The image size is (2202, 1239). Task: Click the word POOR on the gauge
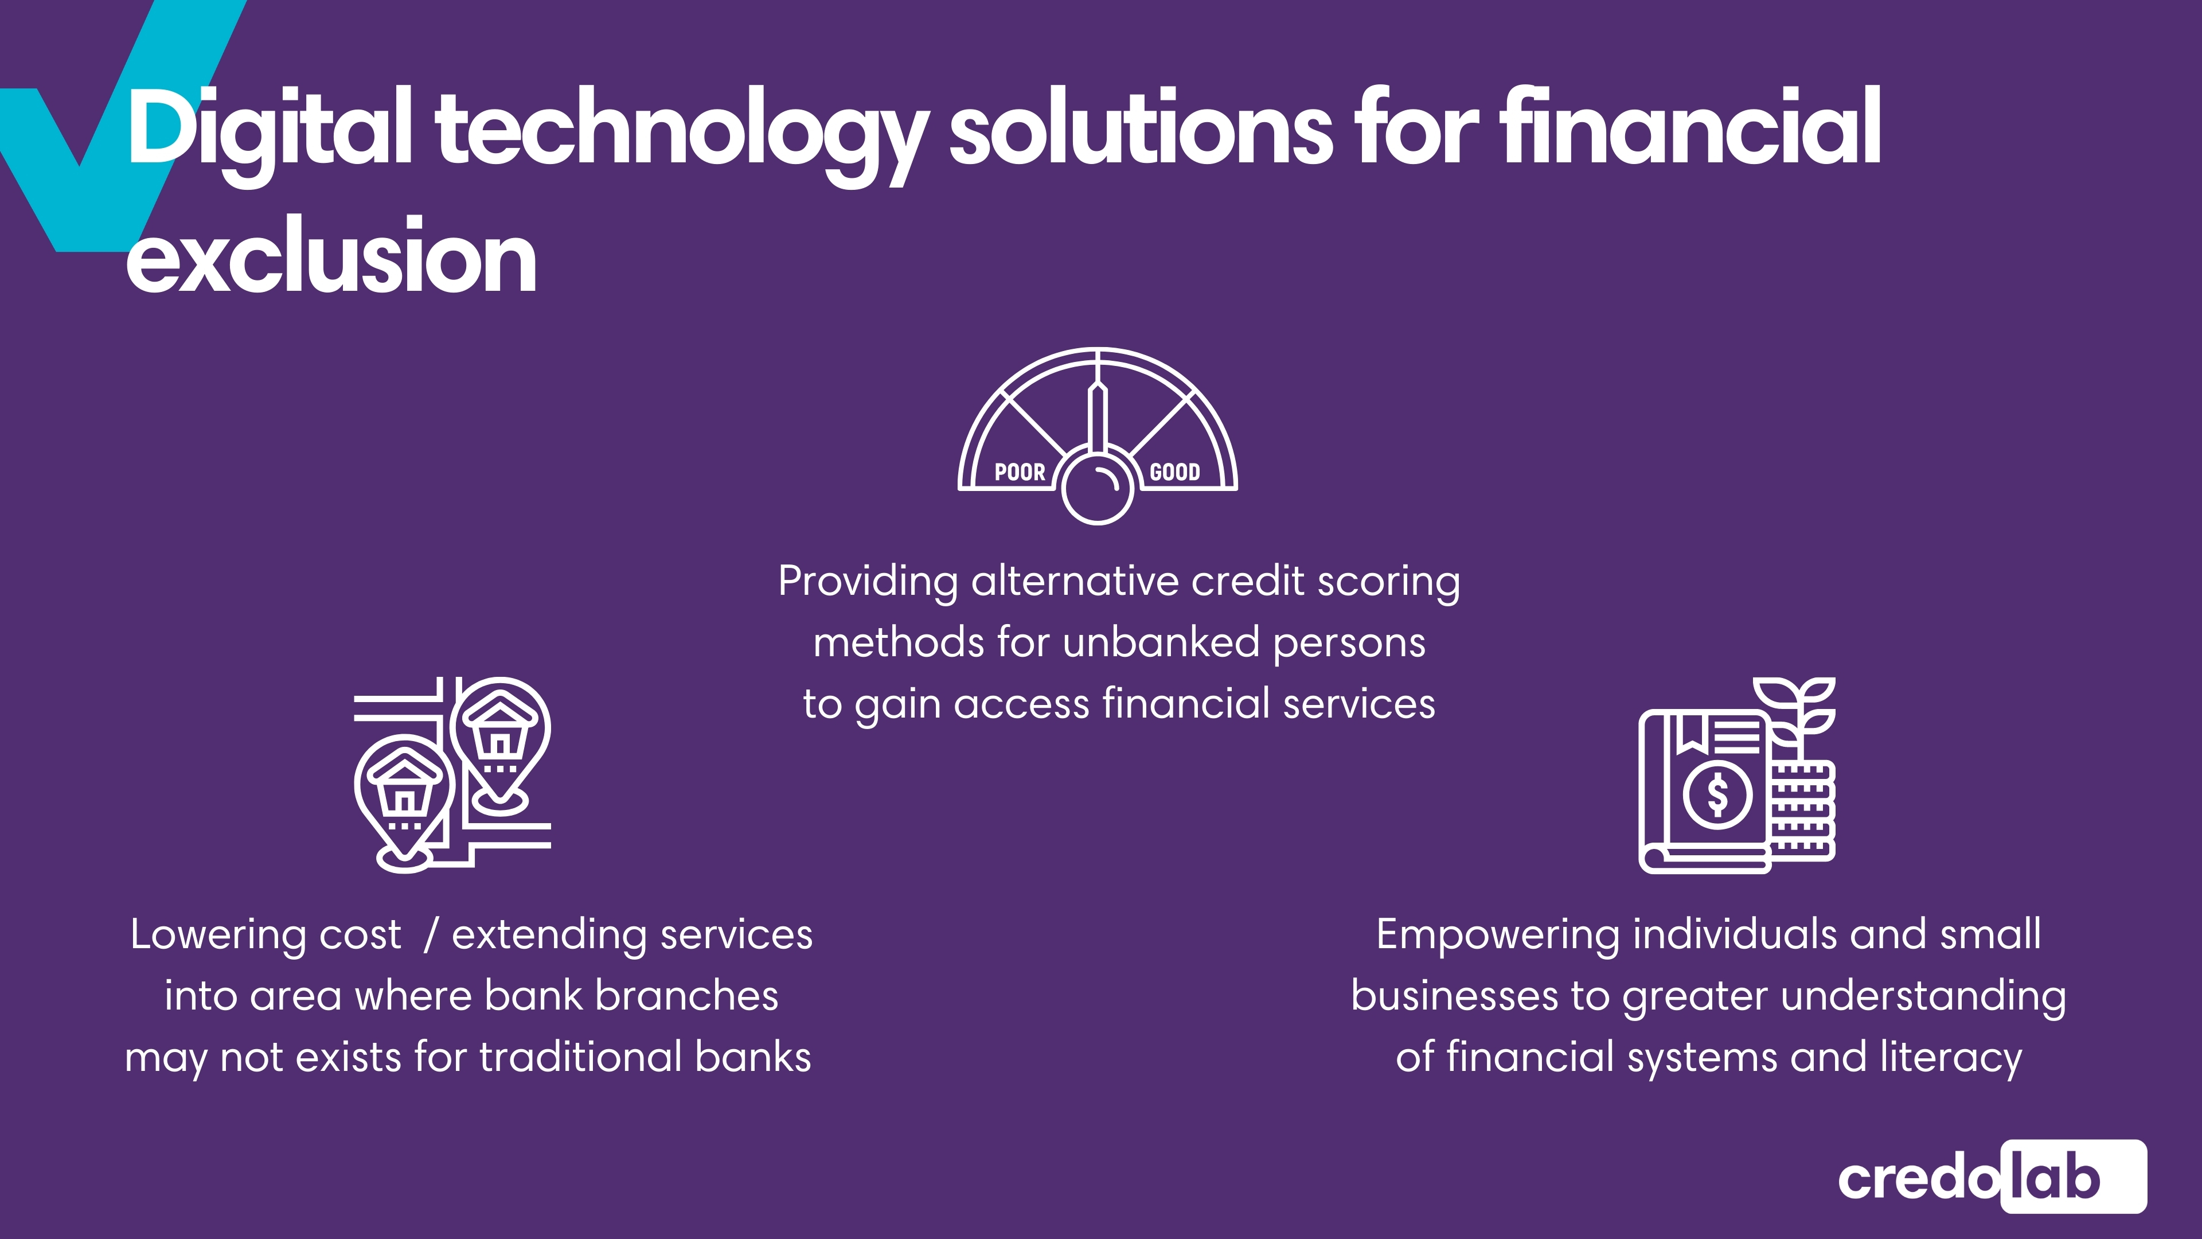click(1020, 472)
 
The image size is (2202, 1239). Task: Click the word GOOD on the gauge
click(1174, 472)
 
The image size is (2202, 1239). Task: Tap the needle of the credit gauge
click(1098, 418)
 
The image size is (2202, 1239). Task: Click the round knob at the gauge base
click(1098, 488)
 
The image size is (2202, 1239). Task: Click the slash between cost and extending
click(431, 934)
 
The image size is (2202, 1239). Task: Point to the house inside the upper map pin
click(500, 726)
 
